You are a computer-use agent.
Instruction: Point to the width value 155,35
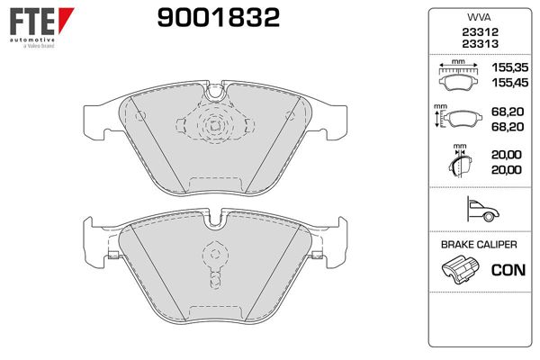(x=507, y=68)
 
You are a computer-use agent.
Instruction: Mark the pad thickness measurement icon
(x=458, y=164)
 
